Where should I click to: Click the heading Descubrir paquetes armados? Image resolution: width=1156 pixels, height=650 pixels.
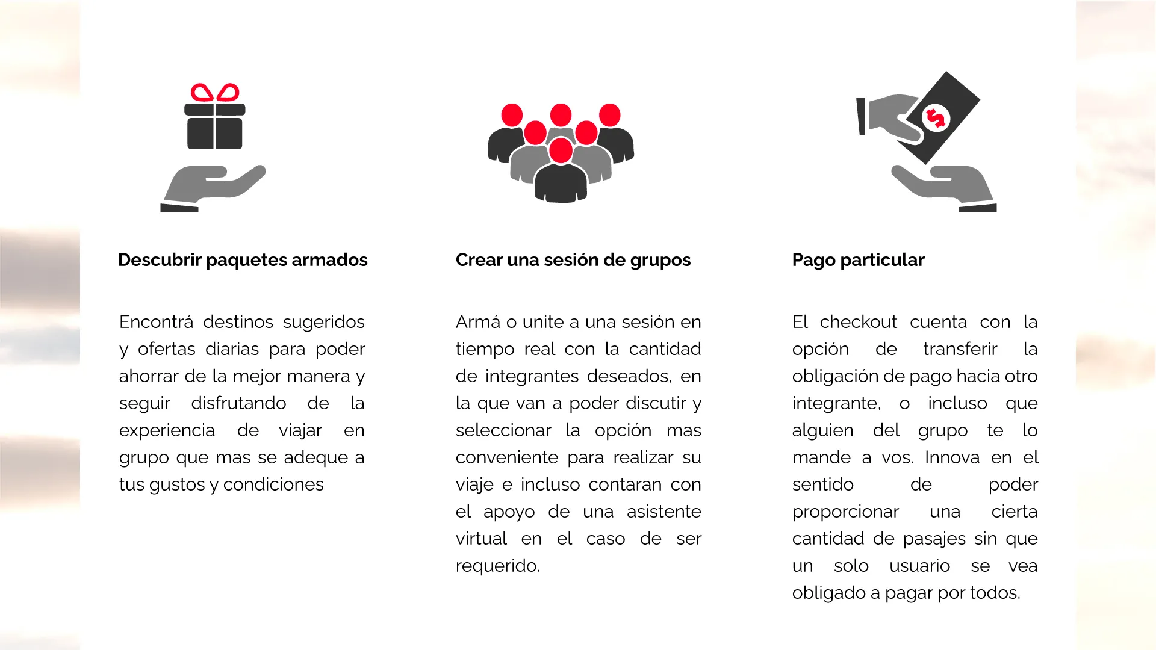point(243,260)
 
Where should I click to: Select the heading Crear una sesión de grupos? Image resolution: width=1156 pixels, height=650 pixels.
point(573,260)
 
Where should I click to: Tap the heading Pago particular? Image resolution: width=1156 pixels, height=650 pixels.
point(858,260)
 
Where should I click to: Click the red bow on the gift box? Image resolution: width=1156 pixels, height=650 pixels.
point(215,93)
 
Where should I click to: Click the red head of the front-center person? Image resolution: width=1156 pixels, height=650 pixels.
point(561,150)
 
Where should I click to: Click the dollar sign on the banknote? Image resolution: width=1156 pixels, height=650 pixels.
point(935,118)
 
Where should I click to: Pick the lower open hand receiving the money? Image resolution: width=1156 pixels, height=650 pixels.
point(945,188)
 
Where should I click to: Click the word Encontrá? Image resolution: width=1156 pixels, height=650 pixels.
point(157,322)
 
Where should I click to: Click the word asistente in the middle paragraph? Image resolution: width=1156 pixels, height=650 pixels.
point(663,512)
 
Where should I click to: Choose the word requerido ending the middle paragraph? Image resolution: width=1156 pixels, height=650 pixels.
point(497,566)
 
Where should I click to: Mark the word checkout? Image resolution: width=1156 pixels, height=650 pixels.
point(859,322)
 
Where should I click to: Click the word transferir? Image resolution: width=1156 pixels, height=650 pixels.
point(960,349)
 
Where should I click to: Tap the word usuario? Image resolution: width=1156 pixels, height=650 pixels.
point(919,566)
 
